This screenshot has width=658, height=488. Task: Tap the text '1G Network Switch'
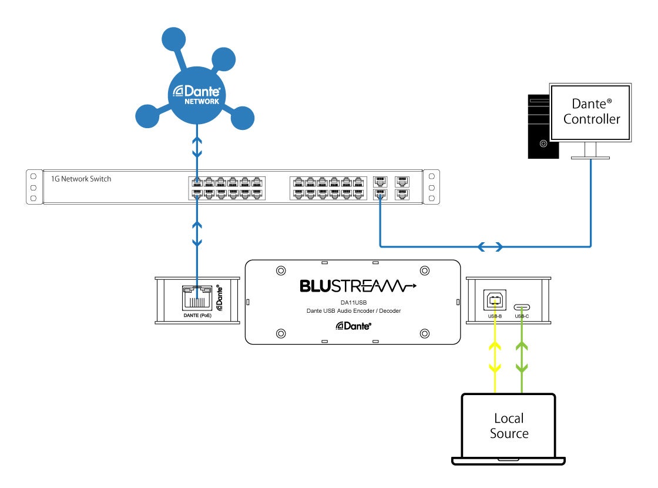[78, 179]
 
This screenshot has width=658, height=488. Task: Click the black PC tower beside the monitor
[539, 126]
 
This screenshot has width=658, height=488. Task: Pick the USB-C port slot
[521, 307]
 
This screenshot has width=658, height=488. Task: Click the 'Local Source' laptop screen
[509, 426]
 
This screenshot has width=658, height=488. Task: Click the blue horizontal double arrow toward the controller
[490, 247]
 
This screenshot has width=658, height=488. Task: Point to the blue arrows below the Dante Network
[197, 146]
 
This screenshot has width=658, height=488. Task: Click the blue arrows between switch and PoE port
[197, 233]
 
